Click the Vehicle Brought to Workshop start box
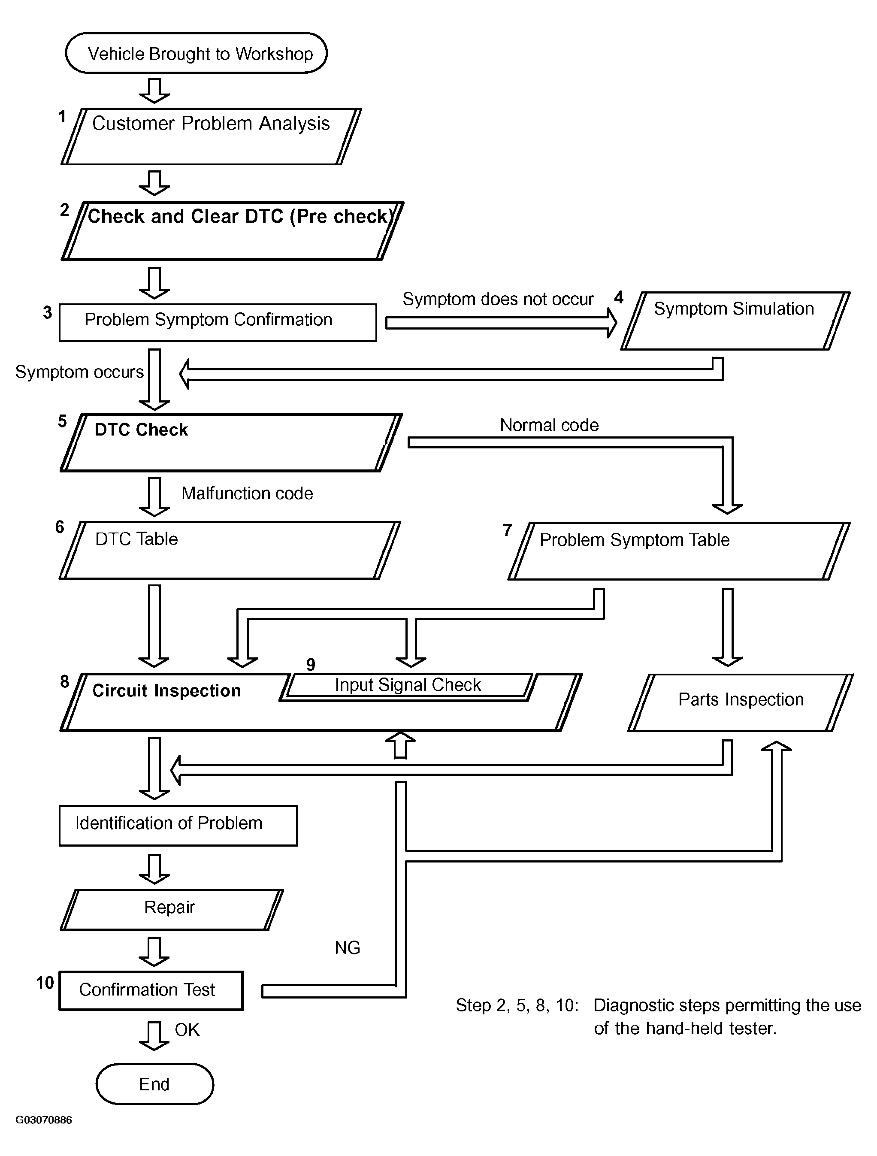(x=196, y=53)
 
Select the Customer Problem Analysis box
(x=211, y=136)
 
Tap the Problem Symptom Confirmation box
(x=218, y=322)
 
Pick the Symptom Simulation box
(x=735, y=321)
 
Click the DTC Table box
(x=230, y=550)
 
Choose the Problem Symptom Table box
(x=679, y=551)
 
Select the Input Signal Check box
(x=408, y=686)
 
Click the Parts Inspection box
(x=741, y=702)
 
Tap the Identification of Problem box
(x=178, y=825)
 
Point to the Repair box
(x=172, y=909)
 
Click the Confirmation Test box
(x=151, y=990)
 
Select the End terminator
(x=155, y=1084)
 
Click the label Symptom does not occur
(x=498, y=299)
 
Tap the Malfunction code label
(x=247, y=493)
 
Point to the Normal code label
(x=549, y=425)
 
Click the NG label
(x=348, y=947)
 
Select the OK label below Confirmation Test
(x=187, y=1029)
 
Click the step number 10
(x=45, y=983)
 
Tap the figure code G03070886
(x=44, y=1120)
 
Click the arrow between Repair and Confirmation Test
(x=154, y=952)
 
